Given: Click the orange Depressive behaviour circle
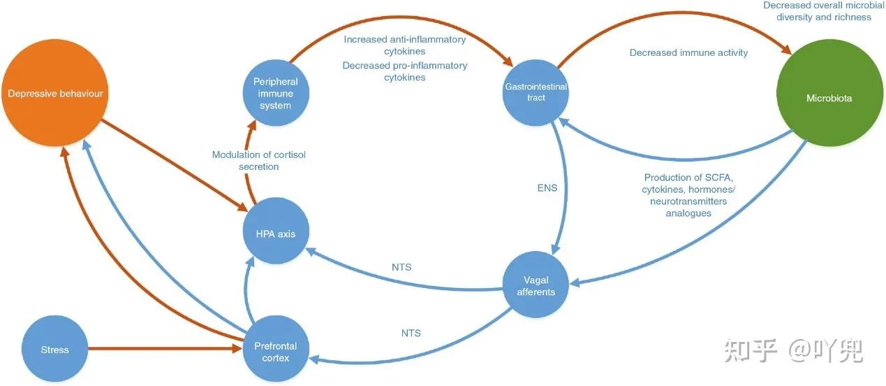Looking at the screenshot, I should [x=56, y=93].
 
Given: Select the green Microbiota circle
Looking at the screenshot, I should [x=829, y=98].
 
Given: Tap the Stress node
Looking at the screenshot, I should [x=55, y=349].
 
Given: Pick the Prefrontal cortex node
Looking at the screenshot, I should [x=275, y=351].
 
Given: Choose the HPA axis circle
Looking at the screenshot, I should [x=276, y=234].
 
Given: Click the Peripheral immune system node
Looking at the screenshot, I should [x=275, y=94].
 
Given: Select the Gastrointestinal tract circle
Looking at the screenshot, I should [x=536, y=92].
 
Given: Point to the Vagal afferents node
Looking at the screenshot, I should [x=536, y=285].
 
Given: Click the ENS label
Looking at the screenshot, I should [x=547, y=187].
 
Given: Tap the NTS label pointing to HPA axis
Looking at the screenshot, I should [x=401, y=266].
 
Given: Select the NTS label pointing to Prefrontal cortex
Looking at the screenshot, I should [x=411, y=333].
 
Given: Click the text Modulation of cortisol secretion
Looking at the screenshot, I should [x=259, y=160].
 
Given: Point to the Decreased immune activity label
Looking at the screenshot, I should [x=688, y=52].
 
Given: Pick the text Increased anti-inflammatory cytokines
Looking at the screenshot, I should [x=404, y=45].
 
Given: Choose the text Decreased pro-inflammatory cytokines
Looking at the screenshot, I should [x=404, y=71].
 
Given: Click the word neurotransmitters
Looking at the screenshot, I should [x=688, y=201].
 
